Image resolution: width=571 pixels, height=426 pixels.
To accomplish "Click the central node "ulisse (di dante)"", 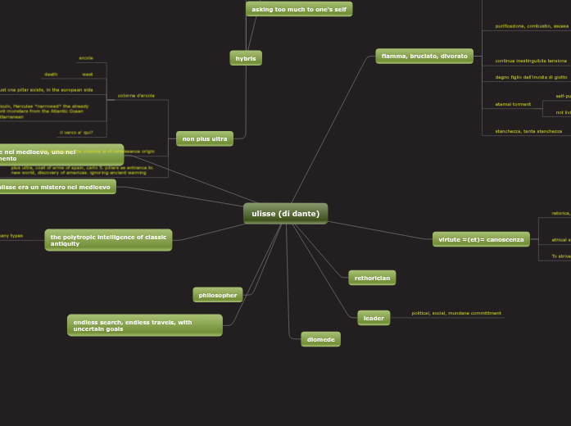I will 285,214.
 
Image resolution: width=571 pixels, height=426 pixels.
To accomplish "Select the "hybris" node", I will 246,58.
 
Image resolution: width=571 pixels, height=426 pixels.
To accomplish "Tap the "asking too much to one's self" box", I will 299,9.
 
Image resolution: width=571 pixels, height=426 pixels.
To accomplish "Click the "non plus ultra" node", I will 205,139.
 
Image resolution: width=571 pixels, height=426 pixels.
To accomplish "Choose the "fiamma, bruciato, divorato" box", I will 424,57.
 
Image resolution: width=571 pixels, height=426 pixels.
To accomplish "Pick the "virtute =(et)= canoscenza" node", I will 481,239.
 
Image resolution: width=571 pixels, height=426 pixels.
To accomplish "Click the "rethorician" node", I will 372,279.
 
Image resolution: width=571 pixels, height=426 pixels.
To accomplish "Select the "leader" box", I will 374,318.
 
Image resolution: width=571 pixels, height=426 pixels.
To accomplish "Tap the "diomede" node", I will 320,339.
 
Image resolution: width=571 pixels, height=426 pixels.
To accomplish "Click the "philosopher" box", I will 218,295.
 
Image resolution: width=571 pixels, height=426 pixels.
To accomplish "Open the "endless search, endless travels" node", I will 144,325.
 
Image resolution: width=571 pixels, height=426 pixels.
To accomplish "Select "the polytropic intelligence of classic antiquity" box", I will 108,240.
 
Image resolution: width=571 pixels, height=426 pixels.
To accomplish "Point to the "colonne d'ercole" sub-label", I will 136,96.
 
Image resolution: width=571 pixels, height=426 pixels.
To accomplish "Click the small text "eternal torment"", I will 513,104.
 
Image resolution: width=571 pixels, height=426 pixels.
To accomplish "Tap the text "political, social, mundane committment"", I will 456,313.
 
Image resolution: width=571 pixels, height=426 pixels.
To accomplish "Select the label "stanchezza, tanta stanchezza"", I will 528,131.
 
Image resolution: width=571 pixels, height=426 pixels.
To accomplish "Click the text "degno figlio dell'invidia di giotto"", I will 531,77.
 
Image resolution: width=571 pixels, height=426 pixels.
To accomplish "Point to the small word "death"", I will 51,74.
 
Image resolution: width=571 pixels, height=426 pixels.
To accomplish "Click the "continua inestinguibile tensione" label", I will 531,61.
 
